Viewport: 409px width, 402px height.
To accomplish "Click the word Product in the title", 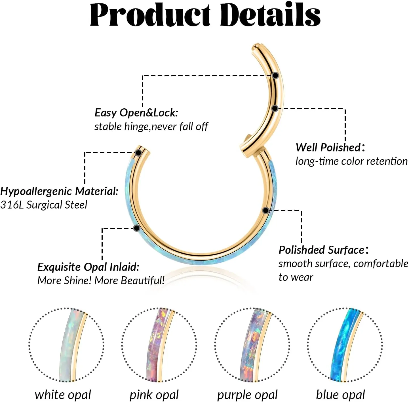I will coord(150,15).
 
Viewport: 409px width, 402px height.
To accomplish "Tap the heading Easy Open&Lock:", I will coord(136,113).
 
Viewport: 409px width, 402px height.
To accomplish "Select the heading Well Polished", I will coord(328,148).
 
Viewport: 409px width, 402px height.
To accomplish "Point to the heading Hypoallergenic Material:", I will coord(59,191).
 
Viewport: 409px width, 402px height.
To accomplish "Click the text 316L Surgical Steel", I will coord(44,205).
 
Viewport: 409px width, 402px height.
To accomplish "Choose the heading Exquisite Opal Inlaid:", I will coord(88,267).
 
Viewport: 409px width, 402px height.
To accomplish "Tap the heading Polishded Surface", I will coord(322,250).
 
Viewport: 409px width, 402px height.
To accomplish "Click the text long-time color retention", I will coord(351,161).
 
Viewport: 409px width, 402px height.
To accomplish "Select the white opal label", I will coord(63,395).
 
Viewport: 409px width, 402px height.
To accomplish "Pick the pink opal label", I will coord(154,395).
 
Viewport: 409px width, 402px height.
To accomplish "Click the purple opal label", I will coord(247,395).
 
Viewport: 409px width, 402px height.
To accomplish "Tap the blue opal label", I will coord(340,395).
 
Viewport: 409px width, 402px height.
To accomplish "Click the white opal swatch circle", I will coord(66,345).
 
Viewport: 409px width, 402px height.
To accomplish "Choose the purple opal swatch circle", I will coord(252,345).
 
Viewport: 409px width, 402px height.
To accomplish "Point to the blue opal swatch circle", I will coord(345,345).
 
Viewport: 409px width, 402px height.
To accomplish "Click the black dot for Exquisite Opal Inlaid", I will coord(137,228).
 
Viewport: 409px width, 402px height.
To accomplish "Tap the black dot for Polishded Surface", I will coord(266,210).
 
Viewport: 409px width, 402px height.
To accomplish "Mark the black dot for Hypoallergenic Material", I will coord(138,153).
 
